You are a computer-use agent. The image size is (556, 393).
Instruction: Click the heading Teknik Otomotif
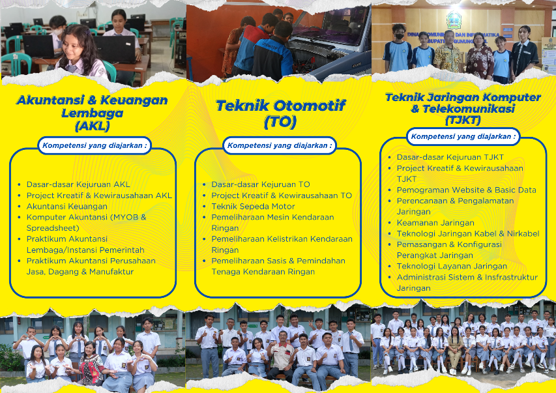tap(280, 106)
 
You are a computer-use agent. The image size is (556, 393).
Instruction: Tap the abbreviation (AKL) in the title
tap(92, 126)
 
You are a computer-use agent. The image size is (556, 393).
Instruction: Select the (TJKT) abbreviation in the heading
tap(463, 120)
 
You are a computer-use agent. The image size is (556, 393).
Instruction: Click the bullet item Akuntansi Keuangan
tap(66, 207)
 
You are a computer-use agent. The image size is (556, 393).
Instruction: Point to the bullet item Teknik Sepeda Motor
tap(253, 207)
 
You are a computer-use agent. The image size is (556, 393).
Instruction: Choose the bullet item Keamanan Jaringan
tap(435, 223)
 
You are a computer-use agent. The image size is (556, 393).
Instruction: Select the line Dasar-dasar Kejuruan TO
tap(261, 184)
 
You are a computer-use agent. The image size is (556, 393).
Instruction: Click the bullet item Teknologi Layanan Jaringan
tap(452, 267)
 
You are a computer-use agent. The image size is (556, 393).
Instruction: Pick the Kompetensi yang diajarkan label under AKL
tap(95, 145)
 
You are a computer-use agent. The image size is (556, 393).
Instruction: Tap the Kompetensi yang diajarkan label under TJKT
tap(463, 137)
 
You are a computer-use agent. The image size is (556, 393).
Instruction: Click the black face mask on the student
tap(400, 36)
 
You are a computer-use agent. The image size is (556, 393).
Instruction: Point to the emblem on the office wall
tap(454, 20)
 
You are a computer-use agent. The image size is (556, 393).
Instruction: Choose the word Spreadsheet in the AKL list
tap(53, 228)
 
